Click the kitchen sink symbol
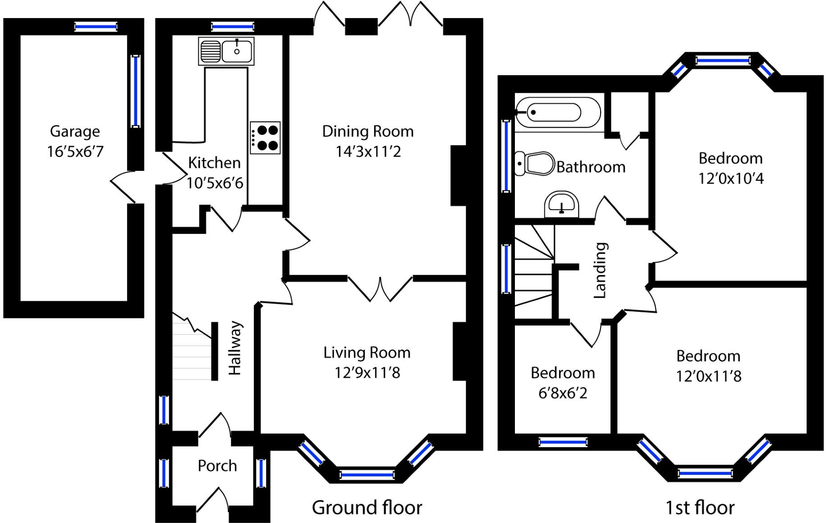coord(226,51)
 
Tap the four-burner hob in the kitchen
coord(265,138)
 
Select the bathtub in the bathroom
coord(558,112)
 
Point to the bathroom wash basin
coord(561,204)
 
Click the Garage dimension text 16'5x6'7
coord(75,151)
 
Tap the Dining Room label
coord(367,131)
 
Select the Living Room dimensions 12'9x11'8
coord(367,373)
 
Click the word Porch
coord(217,466)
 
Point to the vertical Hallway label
coord(235,348)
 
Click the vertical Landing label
coord(600,270)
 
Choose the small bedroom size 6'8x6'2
coord(563,393)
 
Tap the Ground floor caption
coord(367,508)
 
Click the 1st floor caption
coord(700,508)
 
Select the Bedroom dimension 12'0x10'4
coord(731,179)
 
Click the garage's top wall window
coord(96,27)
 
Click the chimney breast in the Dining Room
coord(458,175)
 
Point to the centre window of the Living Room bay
coord(367,474)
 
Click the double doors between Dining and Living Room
coord(380,289)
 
